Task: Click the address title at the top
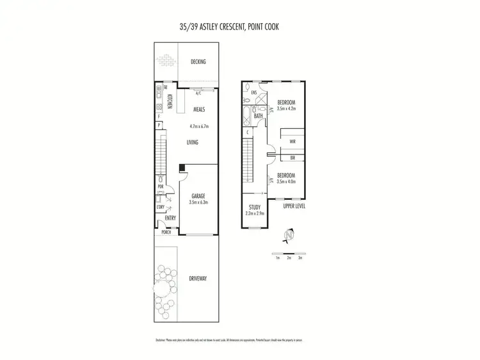[239, 28]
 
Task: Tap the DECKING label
[198, 61]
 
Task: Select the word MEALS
[199, 110]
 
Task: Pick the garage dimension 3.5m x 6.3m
[199, 202]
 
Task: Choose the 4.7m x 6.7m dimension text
[202, 126]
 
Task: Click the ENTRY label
[170, 218]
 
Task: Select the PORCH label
[166, 232]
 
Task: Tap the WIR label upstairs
[292, 142]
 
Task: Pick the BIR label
[292, 157]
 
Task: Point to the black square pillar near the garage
[182, 168]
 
